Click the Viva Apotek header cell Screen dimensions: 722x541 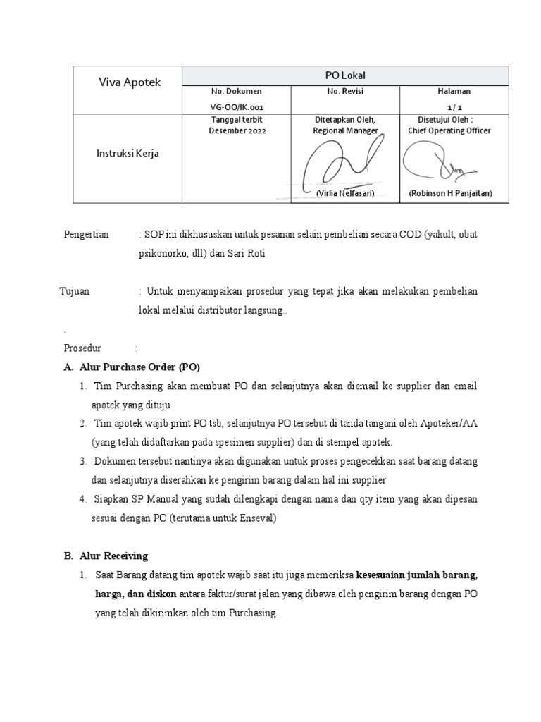click(129, 82)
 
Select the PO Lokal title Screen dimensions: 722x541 click(345, 75)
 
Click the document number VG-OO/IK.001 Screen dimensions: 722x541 click(237, 107)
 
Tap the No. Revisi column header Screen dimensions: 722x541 click(345, 92)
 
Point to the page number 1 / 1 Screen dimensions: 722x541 click(454, 107)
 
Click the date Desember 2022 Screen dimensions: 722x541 click(237, 131)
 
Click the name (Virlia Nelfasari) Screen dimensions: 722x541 click(345, 193)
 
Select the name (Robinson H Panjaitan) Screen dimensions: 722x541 click(450, 193)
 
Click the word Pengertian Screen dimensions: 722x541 click(87, 235)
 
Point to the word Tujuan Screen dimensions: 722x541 click(75, 291)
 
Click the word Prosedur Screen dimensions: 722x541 click(83, 348)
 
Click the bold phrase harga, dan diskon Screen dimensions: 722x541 click(137, 594)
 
